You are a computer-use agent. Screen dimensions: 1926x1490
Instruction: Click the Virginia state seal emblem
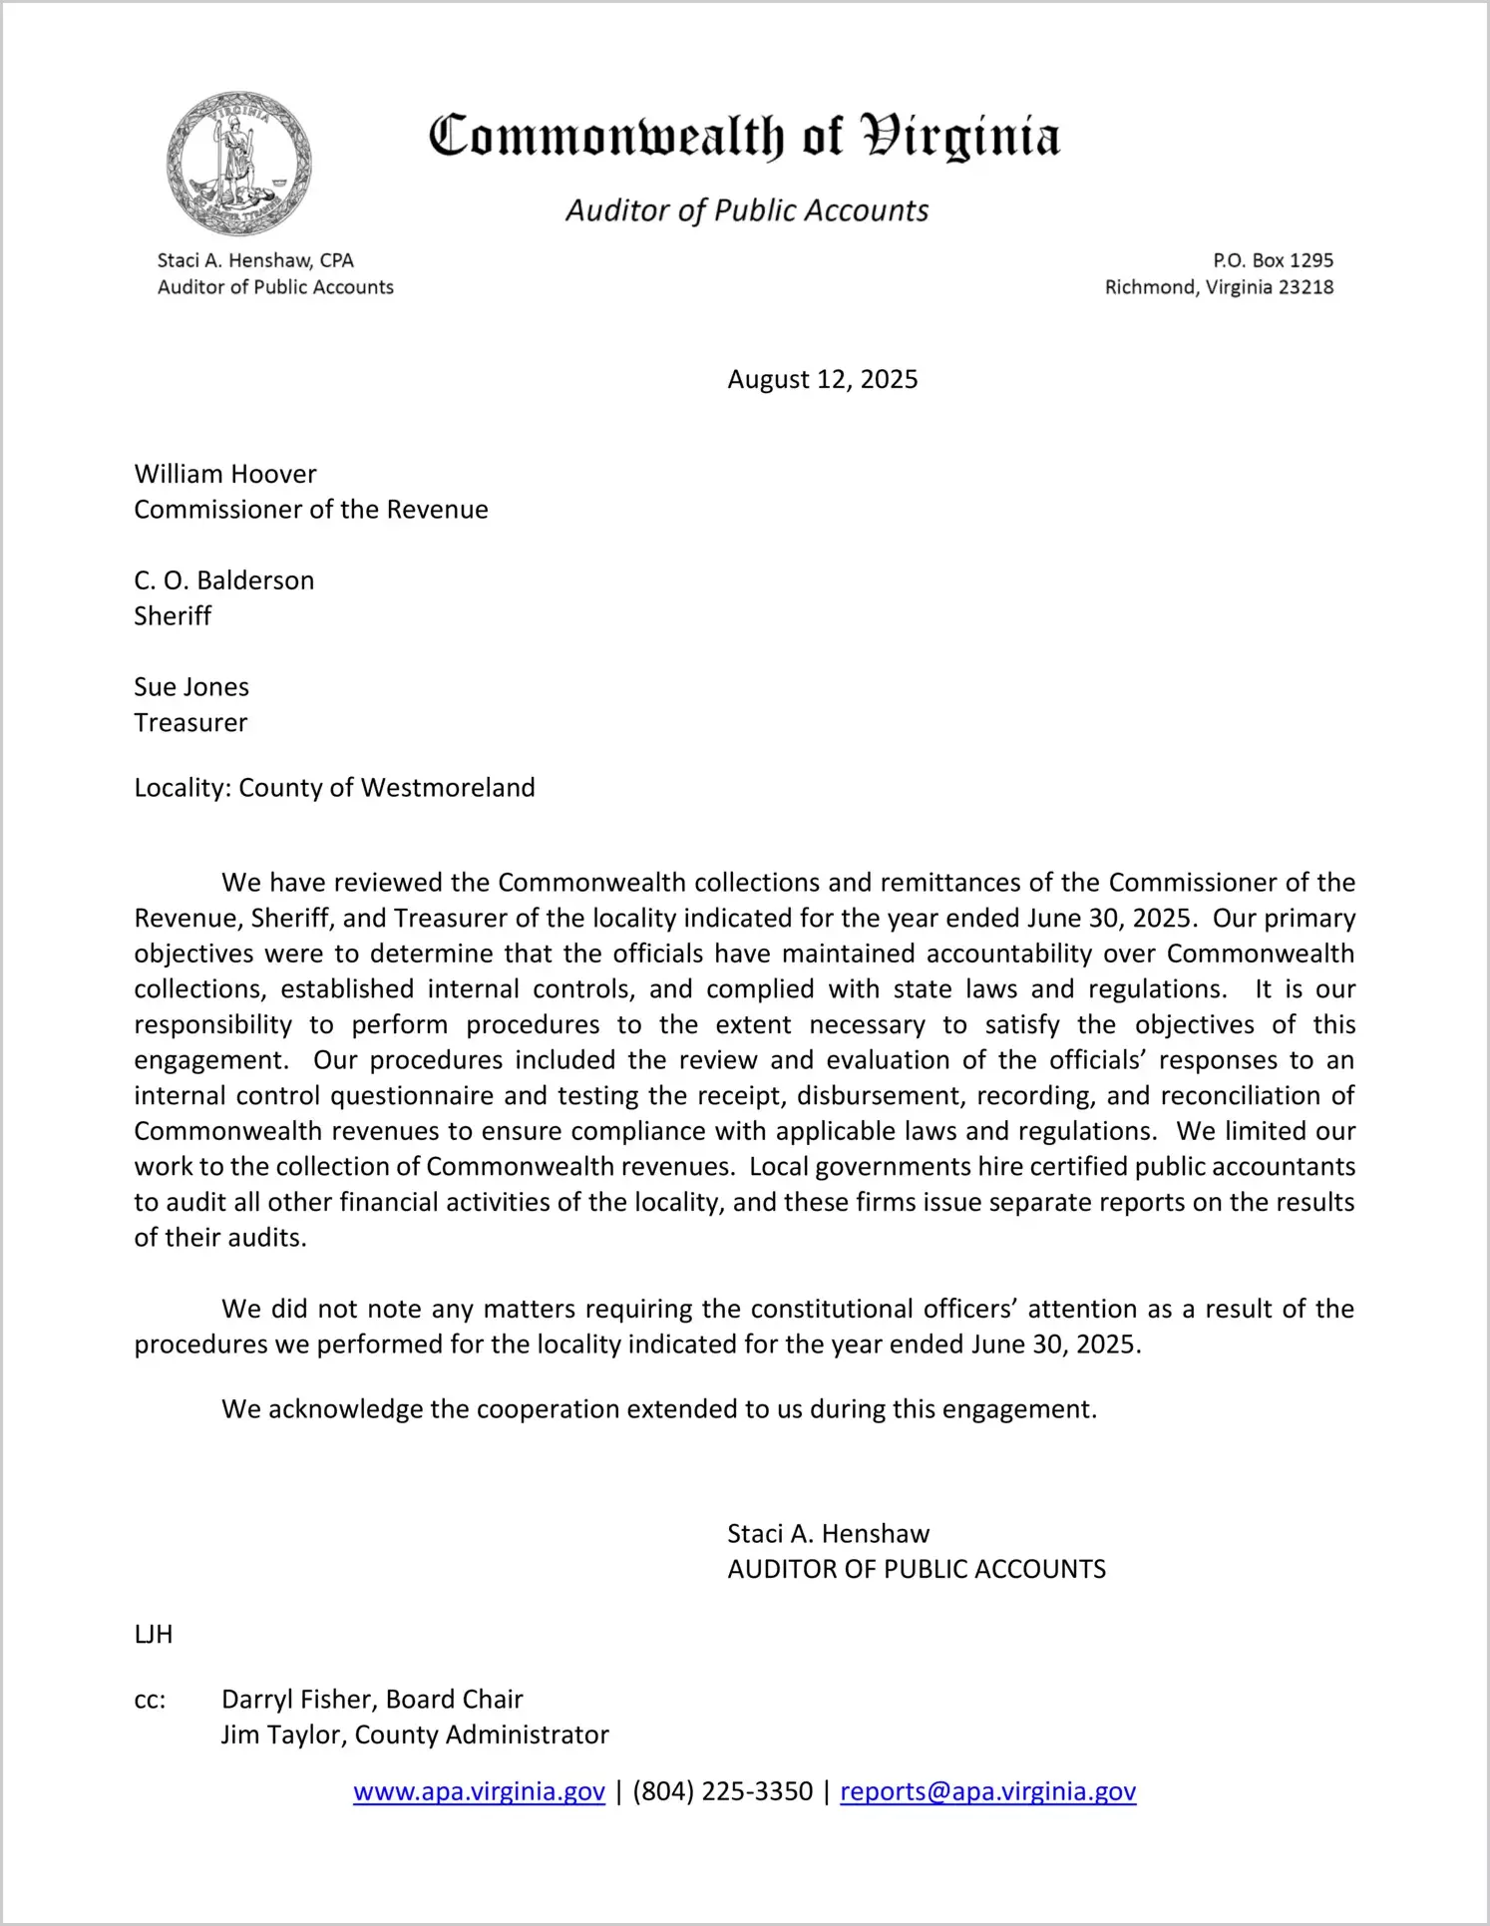pos(238,163)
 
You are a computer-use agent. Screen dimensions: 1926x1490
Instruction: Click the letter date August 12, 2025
pos(822,380)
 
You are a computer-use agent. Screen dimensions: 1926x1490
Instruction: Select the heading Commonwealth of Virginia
pos(744,137)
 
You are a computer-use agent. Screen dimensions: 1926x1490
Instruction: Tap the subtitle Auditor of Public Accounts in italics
pos(747,210)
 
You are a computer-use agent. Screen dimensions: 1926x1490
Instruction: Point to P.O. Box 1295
pos(1273,260)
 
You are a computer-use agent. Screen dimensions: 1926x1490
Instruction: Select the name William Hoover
pos(225,474)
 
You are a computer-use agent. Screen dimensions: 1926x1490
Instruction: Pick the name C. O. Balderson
pos(224,580)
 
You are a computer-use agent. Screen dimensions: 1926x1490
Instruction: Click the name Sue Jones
pos(191,687)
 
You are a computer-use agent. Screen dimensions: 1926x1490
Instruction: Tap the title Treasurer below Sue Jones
pos(190,723)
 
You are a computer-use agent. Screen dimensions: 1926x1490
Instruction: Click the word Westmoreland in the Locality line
pos(448,788)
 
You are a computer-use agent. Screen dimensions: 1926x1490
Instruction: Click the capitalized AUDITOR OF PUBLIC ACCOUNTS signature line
pos(917,1570)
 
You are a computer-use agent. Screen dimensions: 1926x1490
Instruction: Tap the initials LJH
pos(154,1635)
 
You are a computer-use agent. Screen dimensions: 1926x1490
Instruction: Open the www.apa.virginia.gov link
pos(479,1792)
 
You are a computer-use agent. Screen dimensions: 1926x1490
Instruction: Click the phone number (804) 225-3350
pos(722,1792)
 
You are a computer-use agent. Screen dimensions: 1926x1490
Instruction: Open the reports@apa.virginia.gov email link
pos(987,1792)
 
